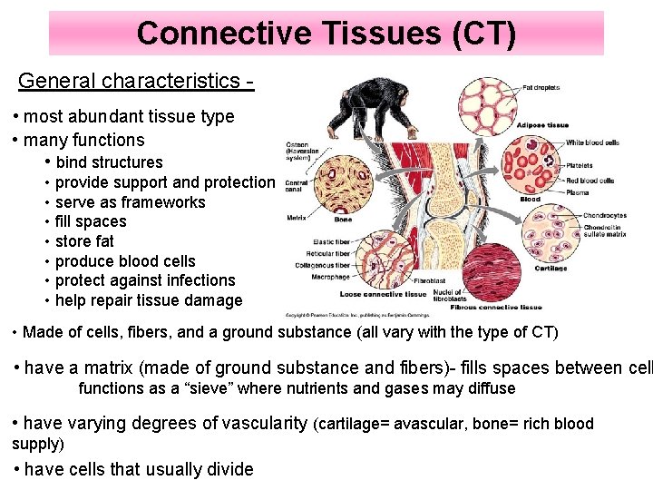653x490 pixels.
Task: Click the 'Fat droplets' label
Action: point(541,88)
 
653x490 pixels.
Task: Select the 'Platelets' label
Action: point(579,165)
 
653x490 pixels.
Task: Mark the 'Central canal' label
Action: point(296,187)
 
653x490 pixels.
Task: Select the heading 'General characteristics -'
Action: point(135,81)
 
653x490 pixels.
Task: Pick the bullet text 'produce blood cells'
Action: point(125,261)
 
